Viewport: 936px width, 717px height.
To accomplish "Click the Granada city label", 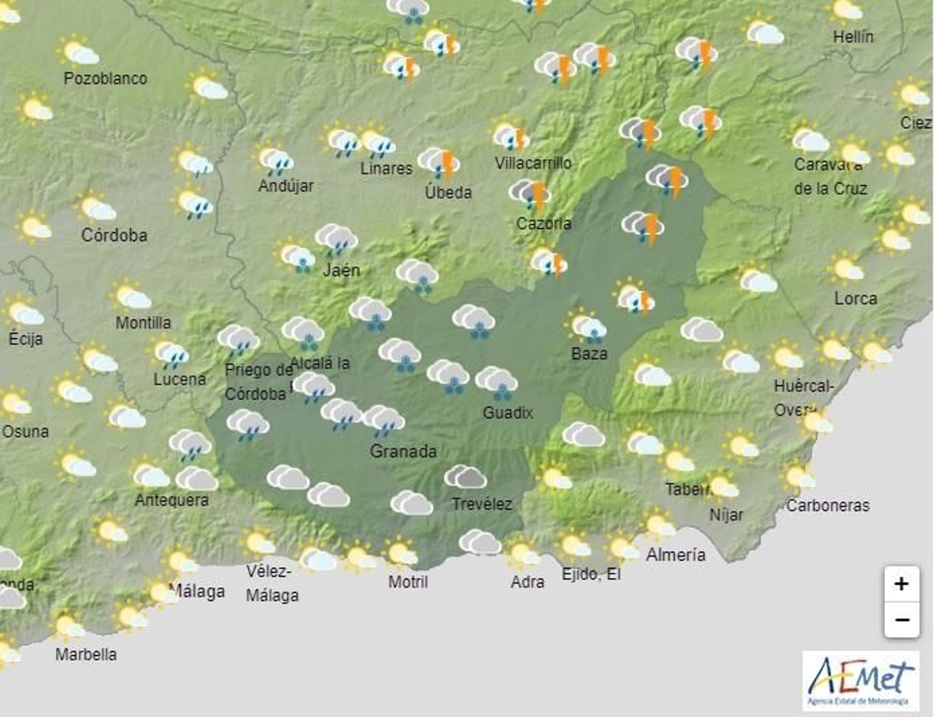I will click(403, 451).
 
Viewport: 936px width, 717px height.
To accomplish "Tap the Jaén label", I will click(342, 270).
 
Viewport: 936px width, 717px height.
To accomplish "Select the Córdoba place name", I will click(114, 235).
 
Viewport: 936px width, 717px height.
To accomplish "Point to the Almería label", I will click(676, 554).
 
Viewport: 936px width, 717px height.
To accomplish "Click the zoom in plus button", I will click(901, 584).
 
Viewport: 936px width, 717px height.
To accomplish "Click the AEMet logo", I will click(860, 680).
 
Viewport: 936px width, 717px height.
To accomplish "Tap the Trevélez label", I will click(482, 504).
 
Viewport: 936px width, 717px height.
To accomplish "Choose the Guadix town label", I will click(508, 413).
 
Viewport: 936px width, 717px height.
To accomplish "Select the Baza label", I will click(589, 353).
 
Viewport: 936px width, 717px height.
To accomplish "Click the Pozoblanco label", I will click(105, 78).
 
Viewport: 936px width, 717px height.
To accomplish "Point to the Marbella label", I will click(86, 654).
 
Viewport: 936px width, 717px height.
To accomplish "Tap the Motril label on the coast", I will click(408, 582).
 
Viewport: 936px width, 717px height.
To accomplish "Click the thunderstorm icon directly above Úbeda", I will click(441, 163).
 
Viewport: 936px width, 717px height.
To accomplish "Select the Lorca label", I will click(855, 298).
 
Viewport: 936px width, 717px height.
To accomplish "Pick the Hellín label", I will click(853, 36).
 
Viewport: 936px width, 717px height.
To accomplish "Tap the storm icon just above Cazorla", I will click(531, 194).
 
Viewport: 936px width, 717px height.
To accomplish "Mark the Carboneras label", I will click(827, 505).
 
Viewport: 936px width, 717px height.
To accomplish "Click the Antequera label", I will click(171, 500).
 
